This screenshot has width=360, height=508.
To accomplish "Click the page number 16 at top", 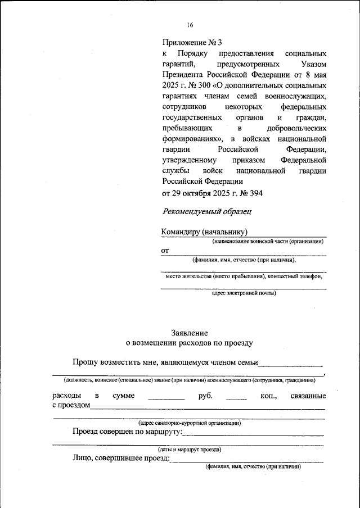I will [x=190, y=25].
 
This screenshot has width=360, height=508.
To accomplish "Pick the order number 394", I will [x=251, y=193].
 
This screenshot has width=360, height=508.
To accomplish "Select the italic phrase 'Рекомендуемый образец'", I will [x=206, y=212].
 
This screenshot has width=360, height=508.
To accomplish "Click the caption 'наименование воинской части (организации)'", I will [x=268, y=241].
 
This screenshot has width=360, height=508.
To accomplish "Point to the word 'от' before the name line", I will [x=165, y=251].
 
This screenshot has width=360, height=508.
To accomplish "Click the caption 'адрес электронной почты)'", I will [x=244, y=293].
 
